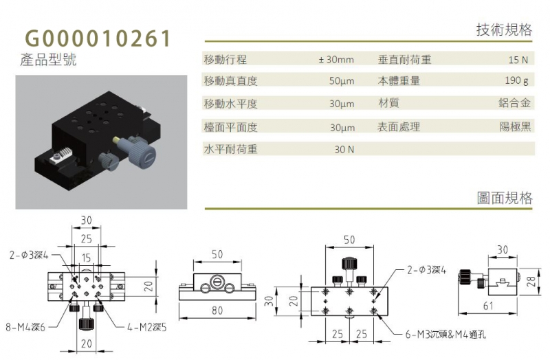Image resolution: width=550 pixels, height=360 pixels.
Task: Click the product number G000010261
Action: (x=98, y=38)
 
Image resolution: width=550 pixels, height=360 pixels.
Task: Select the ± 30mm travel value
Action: (x=336, y=60)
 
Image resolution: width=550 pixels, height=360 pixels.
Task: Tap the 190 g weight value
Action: (x=516, y=81)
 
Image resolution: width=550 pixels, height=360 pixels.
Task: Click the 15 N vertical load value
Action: (x=518, y=60)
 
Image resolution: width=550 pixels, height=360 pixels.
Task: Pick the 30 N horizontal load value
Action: (x=344, y=150)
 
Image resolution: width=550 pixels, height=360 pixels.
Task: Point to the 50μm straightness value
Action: (x=342, y=81)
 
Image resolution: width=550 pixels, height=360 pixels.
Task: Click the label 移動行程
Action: (x=225, y=60)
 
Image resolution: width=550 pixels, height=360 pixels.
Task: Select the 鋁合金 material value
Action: (x=514, y=103)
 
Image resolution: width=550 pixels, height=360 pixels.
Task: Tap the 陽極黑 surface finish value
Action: (x=515, y=126)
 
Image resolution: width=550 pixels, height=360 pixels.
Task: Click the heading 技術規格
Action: (x=504, y=30)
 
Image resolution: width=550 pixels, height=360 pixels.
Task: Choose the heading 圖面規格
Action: (x=505, y=198)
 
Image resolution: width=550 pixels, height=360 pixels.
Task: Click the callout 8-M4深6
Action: (x=25, y=328)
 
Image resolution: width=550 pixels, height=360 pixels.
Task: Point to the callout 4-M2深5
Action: (x=146, y=328)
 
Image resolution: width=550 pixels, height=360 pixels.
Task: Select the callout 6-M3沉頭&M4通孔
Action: (x=445, y=335)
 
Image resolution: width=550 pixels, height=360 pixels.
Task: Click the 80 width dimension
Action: (x=217, y=311)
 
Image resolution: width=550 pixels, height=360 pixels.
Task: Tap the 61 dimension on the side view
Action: (x=488, y=306)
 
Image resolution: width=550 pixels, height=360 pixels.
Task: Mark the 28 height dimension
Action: (x=531, y=281)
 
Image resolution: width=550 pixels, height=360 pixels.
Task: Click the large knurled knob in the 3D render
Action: (x=142, y=154)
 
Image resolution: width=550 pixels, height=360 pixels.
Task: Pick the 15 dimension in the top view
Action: (x=87, y=258)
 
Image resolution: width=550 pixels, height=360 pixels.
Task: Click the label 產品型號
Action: (x=48, y=60)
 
